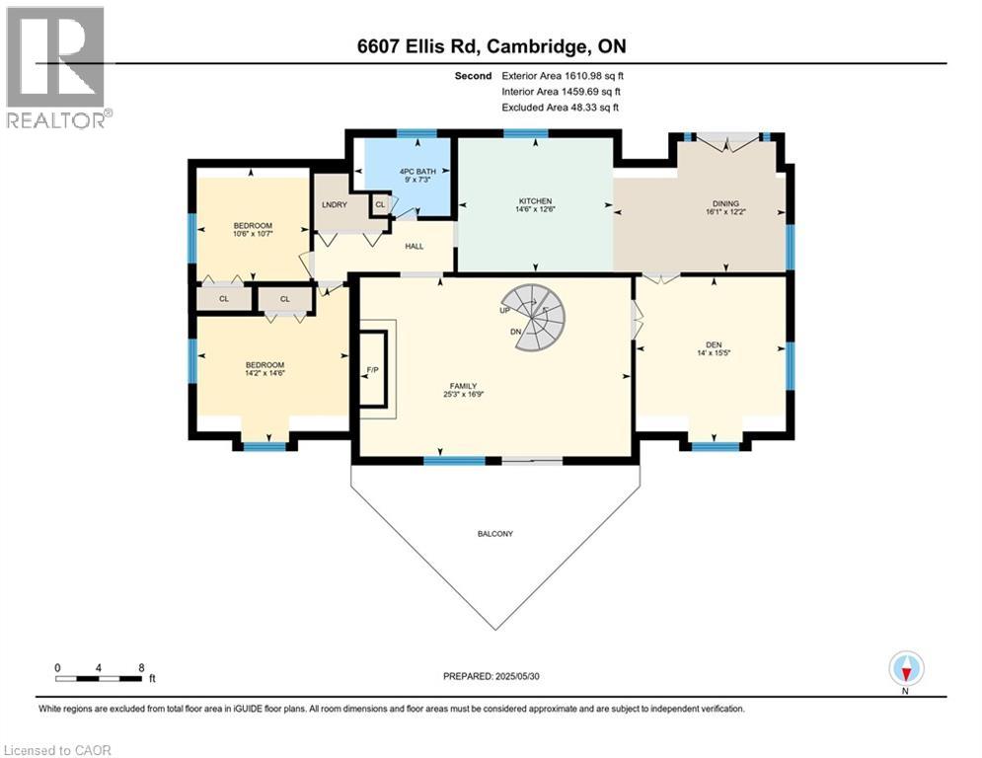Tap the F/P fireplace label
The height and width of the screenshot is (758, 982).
pos(372,370)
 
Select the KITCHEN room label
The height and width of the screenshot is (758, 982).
pos(534,201)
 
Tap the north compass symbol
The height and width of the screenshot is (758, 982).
pos(905,669)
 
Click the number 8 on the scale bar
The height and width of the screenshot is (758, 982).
pos(142,667)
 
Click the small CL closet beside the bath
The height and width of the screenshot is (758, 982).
pos(380,204)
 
